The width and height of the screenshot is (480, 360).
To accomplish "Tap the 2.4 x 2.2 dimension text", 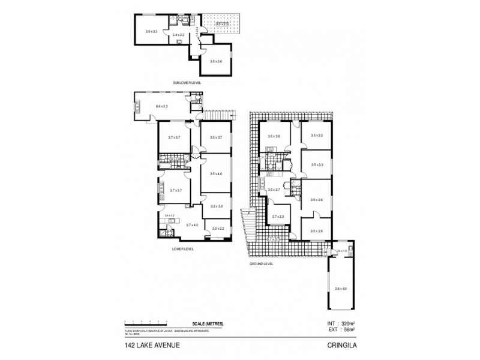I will pos(178,35).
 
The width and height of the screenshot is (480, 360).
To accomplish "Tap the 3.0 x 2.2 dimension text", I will pos(217,229).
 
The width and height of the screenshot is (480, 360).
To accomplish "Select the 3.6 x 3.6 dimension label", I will pos(274,136).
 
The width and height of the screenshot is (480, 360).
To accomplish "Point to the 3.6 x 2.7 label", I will pos(274,190).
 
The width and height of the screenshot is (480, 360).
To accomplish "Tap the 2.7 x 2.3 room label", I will pos(278,217).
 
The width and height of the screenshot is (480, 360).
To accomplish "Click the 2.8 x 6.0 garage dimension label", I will pos(340,289).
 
